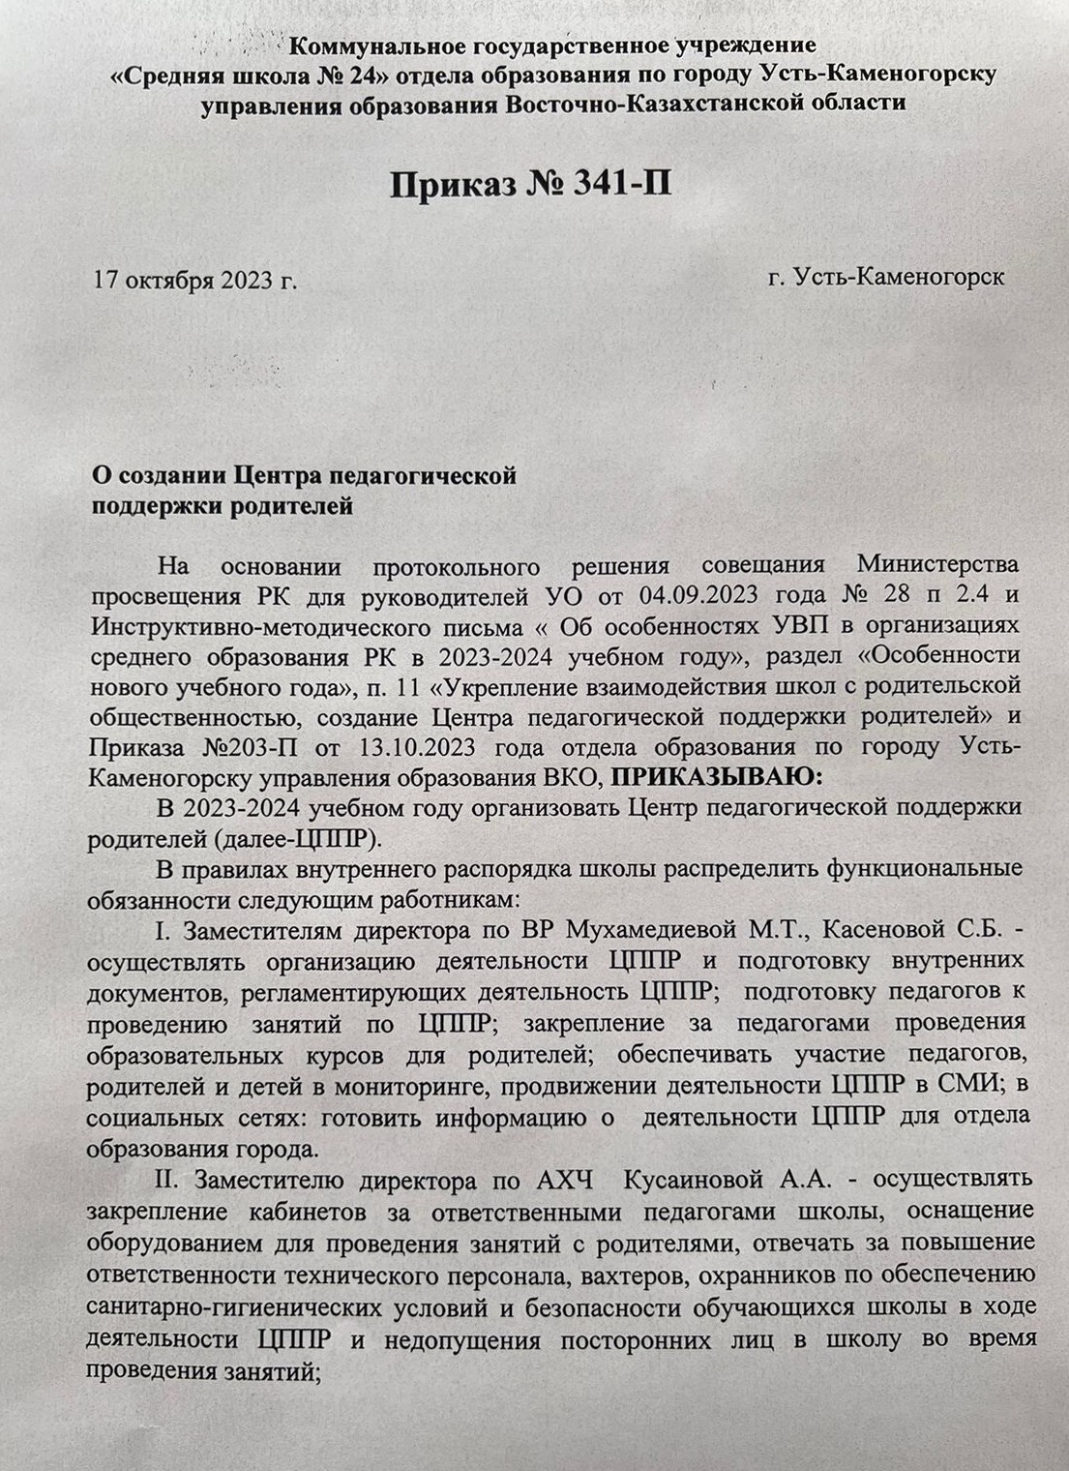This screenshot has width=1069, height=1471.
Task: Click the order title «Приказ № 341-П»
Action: (531, 182)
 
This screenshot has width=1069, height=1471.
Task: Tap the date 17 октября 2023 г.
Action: (193, 282)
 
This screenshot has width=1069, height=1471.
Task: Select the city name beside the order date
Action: (886, 277)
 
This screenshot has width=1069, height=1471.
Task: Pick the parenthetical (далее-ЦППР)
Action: (271, 838)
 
